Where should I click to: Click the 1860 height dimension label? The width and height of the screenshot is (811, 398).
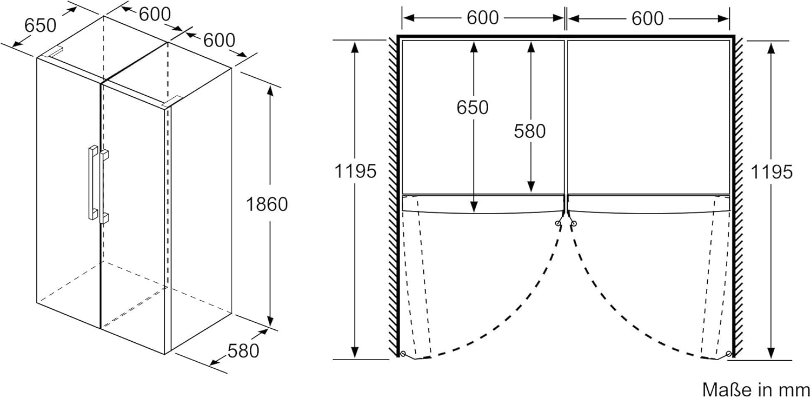point(267,204)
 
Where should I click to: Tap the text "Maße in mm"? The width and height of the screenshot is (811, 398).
point(755,388)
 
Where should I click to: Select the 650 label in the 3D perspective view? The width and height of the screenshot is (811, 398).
point(40,25)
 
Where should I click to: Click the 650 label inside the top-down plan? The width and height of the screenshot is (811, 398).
point(473,108)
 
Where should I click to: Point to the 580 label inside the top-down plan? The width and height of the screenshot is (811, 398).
point(530,131)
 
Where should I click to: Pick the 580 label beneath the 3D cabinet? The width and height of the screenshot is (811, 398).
point(243,351)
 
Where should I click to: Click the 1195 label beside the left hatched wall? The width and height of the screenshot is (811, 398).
point(355,171)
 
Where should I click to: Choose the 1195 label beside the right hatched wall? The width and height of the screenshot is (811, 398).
point(772,171)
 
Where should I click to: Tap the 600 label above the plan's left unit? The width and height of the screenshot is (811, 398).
point(482,18)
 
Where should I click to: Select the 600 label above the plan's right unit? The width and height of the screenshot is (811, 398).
point(647,18)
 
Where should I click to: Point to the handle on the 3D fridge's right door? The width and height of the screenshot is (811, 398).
point(103,185)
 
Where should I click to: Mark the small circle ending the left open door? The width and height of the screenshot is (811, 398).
point(402,354)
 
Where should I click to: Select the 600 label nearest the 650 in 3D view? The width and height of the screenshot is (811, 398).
point(155,14)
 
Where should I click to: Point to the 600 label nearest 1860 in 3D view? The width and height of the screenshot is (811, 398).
point(219,40)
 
